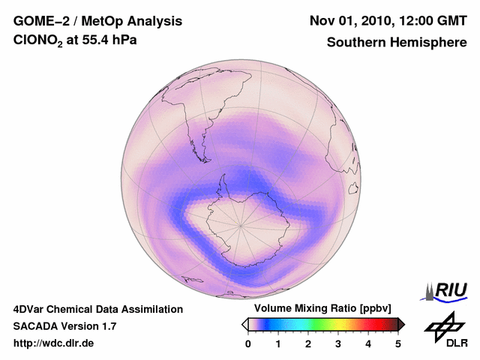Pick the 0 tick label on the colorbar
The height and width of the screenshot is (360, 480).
pyautogui.click(x=248, y=343)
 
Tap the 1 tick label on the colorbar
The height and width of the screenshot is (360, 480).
pyautogui.click(x=278, y=343)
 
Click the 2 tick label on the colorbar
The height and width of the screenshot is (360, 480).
pyautogui.click(x=308, y=343)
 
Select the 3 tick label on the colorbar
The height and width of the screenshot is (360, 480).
pyautogui.click(x=338, y=343)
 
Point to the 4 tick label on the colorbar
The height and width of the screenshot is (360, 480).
pyautogui.click(x=368, y=343)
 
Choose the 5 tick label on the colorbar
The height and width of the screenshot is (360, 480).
pyautogui.click(x=398, y=343)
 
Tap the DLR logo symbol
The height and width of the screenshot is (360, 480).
pyautogui.click(x=442, y=325)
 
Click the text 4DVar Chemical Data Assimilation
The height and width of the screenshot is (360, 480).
pyautogui.click(x=98, y=309)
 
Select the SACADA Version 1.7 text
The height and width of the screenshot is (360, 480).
pyautogui.click(x=65, y=326)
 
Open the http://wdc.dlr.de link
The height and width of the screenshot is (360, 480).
pyautogui.click(x=54, y=343)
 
